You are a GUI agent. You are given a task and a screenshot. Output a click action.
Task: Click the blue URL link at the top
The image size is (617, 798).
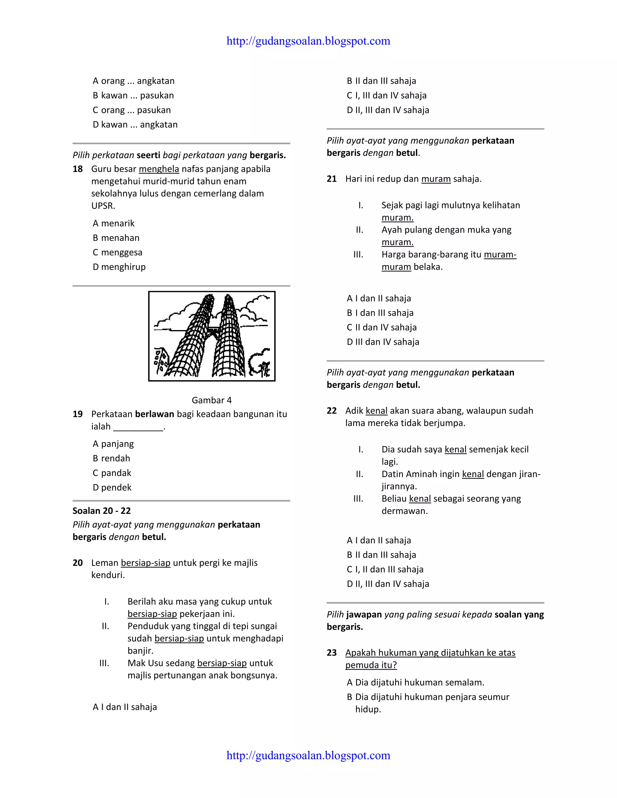pos(308,41)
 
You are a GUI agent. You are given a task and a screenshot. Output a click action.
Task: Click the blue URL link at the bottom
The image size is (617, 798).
pos(308,755)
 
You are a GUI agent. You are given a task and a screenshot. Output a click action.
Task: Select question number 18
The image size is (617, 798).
pos(77,169)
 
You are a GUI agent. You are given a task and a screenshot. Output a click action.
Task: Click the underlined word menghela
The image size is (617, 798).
pos(159,169)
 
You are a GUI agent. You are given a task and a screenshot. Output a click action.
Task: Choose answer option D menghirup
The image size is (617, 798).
pos(119,267)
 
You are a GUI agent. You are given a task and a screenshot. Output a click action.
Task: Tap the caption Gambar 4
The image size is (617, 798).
pos(211,400)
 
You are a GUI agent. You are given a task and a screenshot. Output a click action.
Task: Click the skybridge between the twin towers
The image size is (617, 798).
pos(213,330)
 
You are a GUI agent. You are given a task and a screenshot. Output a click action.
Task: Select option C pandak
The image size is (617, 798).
pos(112,473)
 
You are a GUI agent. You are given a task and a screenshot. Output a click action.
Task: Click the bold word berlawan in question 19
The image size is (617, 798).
pos(154,414)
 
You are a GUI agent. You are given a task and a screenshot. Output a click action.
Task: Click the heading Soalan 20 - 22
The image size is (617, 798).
pos(102,511)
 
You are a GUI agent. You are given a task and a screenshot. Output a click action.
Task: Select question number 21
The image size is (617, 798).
pos(331,179)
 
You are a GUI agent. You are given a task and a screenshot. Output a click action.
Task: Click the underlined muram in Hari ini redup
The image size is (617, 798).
pos(436,179)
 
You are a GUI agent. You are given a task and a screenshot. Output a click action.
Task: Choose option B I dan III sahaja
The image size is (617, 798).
pos(380,313)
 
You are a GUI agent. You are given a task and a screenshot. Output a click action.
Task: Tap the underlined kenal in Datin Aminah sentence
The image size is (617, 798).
pos(473,474)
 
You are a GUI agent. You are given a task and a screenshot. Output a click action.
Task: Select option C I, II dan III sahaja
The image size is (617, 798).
pos(385,569)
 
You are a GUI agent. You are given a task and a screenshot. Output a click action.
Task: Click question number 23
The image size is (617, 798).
pos(331,653)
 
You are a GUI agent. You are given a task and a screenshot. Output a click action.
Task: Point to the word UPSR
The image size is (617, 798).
pos(103,206)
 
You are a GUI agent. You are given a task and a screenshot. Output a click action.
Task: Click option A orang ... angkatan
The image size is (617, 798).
pos(133,81)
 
